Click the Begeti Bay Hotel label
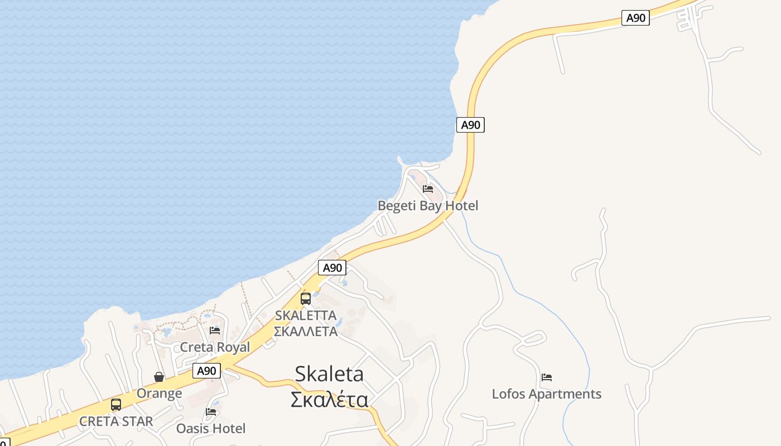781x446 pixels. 428,206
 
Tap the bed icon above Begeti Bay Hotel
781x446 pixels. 428,189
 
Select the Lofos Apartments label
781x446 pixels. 546,394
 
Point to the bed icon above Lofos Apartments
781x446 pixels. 547,377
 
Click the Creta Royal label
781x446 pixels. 215,347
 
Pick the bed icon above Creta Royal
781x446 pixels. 215,331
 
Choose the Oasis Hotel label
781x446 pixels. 211,428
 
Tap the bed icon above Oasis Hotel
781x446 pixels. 211,412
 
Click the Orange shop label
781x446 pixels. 159,394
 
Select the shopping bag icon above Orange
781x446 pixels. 159,377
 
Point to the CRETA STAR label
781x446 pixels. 116,421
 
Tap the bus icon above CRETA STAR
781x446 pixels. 116,405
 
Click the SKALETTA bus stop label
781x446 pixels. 306,316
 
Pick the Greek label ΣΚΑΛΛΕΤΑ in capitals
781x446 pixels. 306,331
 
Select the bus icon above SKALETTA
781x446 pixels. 306,299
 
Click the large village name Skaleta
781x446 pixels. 329,374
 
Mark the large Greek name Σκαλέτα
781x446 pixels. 329,400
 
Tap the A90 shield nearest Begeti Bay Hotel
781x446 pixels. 470,125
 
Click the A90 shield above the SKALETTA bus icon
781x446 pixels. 332,268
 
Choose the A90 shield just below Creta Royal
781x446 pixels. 206,371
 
